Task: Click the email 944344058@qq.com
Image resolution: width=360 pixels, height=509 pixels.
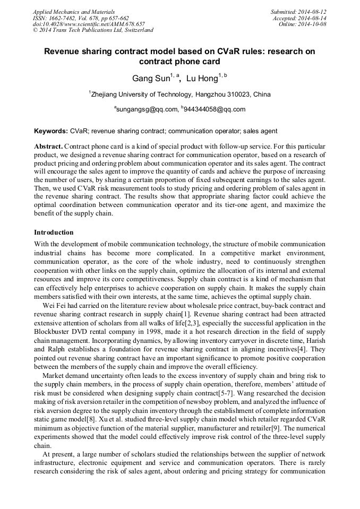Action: pos(215,109)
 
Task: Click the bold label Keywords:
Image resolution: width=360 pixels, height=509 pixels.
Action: pos(51,131)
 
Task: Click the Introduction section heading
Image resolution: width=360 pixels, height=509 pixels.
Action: pos(54,232)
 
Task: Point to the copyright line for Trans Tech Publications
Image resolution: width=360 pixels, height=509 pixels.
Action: pos(93,30)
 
